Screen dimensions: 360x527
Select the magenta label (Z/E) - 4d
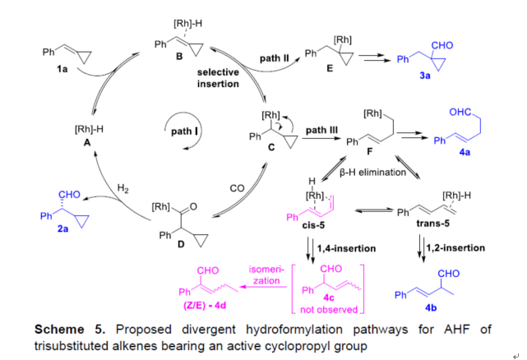[206, 303]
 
